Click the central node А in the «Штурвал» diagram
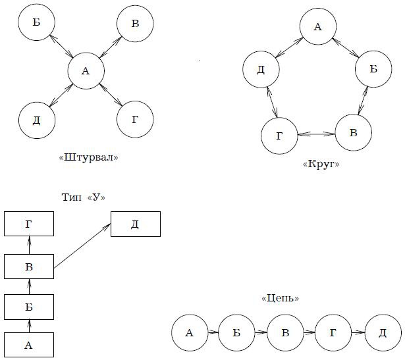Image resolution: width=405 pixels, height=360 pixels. tap(86, 70)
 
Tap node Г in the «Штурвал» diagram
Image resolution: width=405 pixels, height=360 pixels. tap(135, 119)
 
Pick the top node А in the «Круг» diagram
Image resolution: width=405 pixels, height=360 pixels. tap(318, 28)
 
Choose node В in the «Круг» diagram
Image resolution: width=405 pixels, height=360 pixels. tap(353, 133)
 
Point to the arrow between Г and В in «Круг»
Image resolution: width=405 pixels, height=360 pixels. tap(316, 134)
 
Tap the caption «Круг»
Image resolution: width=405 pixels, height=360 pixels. tap(321, 165)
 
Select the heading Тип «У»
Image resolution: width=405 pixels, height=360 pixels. tap(83, 198)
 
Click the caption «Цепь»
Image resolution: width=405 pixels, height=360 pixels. tap(280, 298)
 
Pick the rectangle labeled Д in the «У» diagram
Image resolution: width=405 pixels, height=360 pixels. tap(135, 224)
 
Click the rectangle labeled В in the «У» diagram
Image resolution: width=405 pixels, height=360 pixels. tap(28, 267)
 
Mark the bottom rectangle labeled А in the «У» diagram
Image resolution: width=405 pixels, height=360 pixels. tap(28, 345)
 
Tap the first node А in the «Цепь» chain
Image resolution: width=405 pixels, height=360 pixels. tap(190, 333)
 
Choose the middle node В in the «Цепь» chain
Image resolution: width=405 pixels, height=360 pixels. tap(286, 333)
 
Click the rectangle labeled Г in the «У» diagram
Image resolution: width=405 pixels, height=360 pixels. tap(28, 224)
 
